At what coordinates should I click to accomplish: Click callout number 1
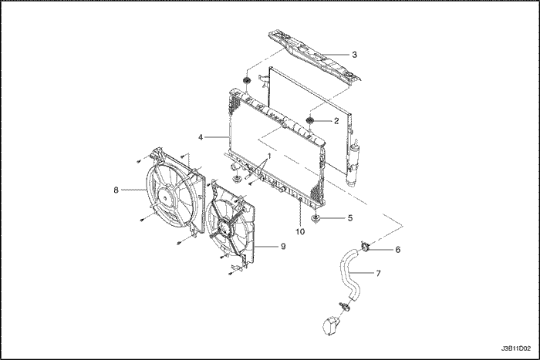pos(268,156)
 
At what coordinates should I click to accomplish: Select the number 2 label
pos(336,121)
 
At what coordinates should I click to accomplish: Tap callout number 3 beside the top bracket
pos(353,55)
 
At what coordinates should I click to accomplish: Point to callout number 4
pos(201,138)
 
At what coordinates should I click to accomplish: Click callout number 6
pos(397,249)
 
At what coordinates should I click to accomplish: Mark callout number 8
pos(116,190)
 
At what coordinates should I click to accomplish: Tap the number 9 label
pos(283,247)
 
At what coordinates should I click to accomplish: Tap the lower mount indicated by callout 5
pos(316,220)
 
